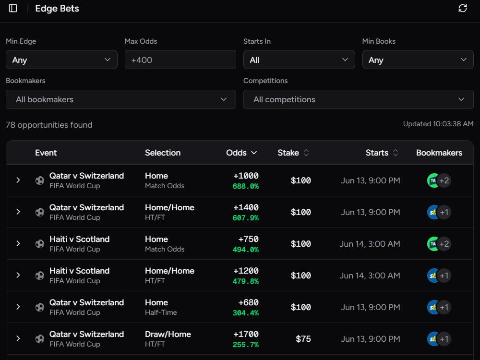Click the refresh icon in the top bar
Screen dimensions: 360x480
point(463,8)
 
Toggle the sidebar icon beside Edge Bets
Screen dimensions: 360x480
point(13,8)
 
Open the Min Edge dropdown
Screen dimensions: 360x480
point(61,60)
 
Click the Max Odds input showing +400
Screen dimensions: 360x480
point(180,60)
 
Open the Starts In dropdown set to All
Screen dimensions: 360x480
point(299,60)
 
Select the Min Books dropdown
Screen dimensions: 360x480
point(418,60)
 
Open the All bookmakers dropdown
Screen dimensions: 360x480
point(120,99)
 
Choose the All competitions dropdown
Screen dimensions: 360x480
point(358,99)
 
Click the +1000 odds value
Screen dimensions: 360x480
point(246,176)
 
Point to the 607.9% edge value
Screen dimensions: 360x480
point(245,218)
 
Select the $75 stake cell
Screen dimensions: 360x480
point(303,339)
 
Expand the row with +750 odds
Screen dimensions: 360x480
point(18,243)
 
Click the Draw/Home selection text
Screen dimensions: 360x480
point(168,334)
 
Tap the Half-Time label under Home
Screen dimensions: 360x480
point(161,312)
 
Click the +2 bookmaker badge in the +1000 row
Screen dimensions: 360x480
point(444,180)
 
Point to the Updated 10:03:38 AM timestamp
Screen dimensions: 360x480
point(438,124)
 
